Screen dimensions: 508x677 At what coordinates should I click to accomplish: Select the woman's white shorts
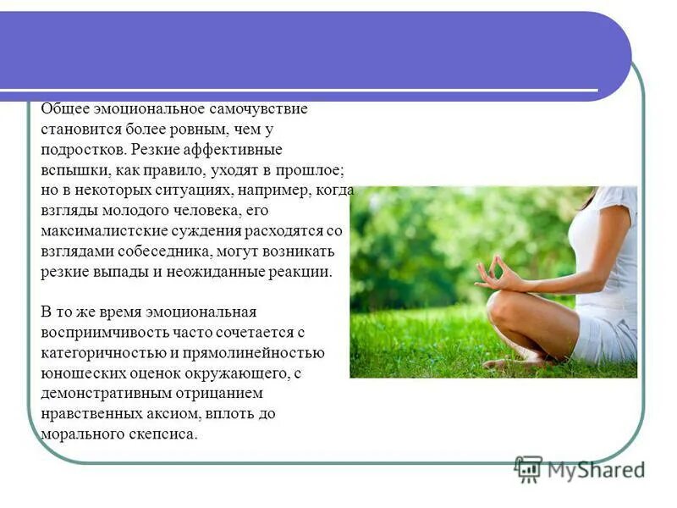pyautogui.click(x=603, y=335)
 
